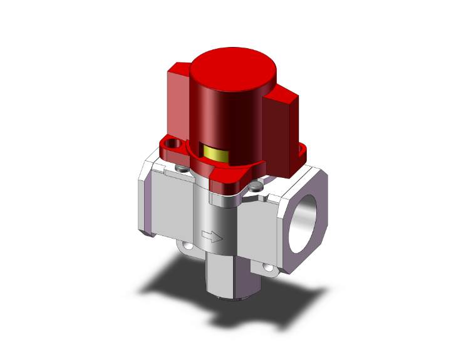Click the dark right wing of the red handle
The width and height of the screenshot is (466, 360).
283,131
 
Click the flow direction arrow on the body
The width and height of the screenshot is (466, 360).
213,237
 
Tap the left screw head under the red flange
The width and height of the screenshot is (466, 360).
182,168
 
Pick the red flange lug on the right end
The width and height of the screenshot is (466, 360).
301,150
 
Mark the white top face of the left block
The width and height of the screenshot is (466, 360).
160,168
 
